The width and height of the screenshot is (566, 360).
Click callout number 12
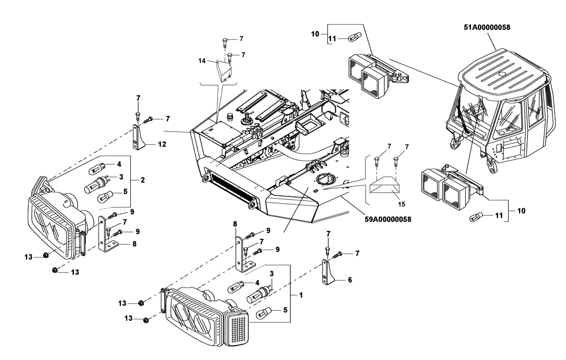[x=161, y=144]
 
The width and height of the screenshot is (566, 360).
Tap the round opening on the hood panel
[x=325, y=181]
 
